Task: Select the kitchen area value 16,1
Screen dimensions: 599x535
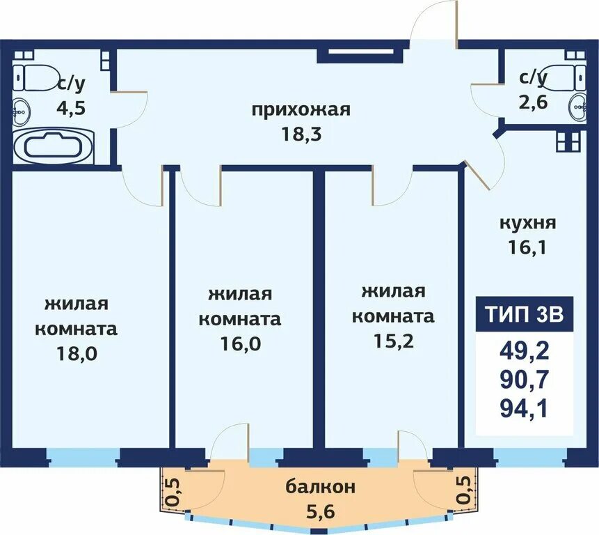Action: (527, 247)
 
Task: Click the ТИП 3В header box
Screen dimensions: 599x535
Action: (525, 314)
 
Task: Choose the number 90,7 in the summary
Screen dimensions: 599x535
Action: (525, 379)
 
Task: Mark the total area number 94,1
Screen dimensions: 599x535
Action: (525, 408)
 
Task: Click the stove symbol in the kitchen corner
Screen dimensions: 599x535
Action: (568, 141)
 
